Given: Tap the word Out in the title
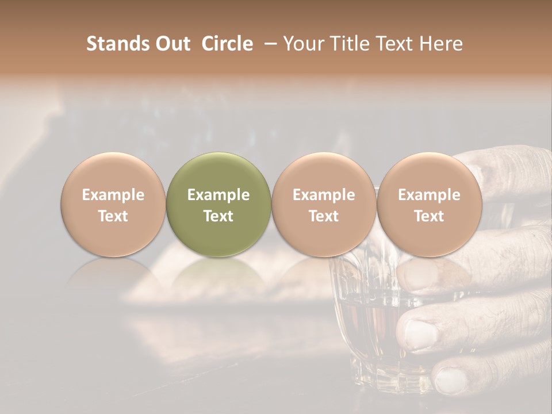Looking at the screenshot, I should [171, 44].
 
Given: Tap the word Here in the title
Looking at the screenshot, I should [441, 44].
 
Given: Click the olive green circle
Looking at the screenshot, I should [218, 205].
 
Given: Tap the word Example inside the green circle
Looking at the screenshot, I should [218, 195].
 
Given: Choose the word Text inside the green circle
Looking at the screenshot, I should [218, 216].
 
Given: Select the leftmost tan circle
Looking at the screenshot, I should [113, 205].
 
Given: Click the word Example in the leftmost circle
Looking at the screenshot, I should [113, 195].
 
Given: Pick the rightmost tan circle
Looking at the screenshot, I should [429, 205].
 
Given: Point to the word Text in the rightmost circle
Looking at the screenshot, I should [429, 216].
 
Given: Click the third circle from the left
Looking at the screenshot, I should [324, 205].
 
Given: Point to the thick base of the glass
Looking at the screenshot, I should [379, 377].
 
